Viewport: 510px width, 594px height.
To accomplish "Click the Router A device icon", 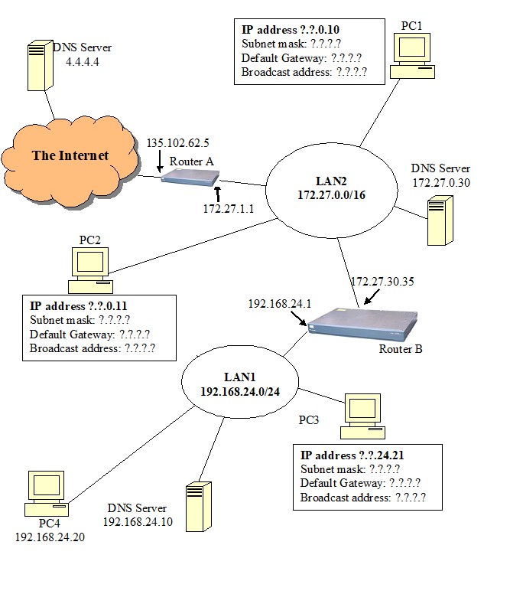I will click(x=187, y=179).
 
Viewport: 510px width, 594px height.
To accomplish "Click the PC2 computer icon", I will click(x=89, y=271).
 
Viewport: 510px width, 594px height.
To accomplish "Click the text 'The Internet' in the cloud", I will click(x=70, y=155).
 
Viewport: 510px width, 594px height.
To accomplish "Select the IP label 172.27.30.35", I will click(x=382, y=281).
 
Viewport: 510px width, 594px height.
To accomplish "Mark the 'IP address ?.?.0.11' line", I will click(x=80, y=306).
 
